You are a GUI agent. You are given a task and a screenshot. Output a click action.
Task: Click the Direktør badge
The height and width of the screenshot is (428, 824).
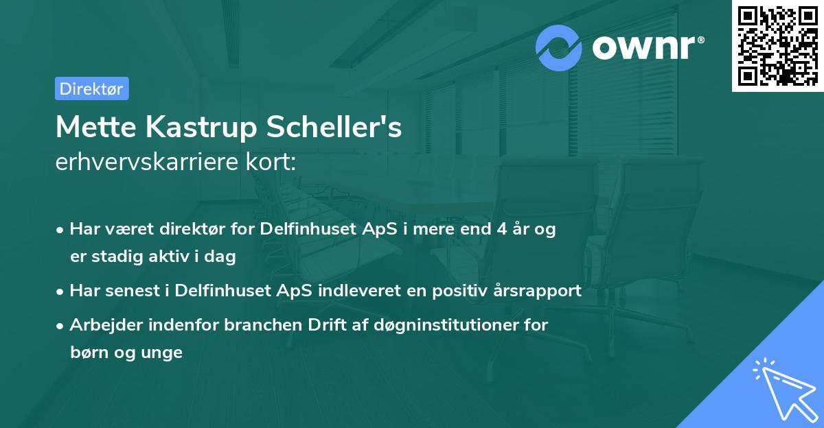pos(91,88)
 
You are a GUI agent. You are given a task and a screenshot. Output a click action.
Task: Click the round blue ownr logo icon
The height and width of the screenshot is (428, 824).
pos(559,47)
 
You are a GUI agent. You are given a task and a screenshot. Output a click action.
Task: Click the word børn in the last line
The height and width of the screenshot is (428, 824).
pos(87,353)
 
